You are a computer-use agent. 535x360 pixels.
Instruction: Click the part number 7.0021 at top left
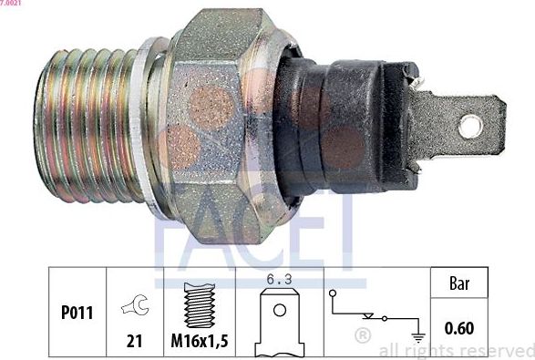pyautogui.click(x=11, y=5)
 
